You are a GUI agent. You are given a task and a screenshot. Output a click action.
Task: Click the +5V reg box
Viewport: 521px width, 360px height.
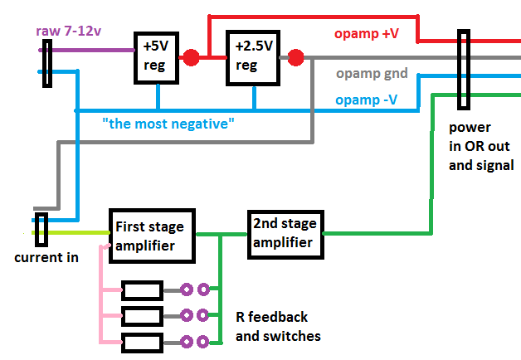pyautogui.click(x=157, y=58)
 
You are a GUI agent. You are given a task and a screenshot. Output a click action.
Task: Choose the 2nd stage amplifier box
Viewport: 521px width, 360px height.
pyautogui.click(x=284, y=234)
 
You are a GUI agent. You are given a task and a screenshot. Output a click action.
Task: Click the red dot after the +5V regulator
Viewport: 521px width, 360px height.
pyautogui.click(x=191, y=57)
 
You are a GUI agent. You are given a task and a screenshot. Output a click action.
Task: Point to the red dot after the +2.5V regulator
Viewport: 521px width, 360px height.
pyautogui.click(x=295, y=57)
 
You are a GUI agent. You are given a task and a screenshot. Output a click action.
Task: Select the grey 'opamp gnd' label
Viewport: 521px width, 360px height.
pyautogui.click(x=372, y=74)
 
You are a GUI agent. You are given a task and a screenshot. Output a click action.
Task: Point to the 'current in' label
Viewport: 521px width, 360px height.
pyautogui.click(x=46, y=257)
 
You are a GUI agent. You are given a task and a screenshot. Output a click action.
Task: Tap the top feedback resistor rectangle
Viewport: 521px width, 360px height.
pyautogui.click(x=142, y=290)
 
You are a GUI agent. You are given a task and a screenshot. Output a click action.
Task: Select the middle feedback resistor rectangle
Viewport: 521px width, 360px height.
pyautogui.click(x=142, y=315)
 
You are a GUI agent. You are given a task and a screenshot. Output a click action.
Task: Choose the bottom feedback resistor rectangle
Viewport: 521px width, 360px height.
pyautogui.click(x=142, y=340)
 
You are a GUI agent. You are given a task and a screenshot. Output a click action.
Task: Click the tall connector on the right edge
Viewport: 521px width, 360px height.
pyautogui.click(x=463, y=72)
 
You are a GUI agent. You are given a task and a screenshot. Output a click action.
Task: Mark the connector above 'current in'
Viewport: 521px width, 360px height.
pyautogui.click(x=43, y=226)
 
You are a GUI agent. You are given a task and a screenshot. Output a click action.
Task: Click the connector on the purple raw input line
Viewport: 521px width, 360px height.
pyautogui.click(x=47, y=66)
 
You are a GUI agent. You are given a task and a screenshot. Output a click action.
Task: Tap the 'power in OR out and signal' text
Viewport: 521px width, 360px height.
pyautogui.click(x=481, y=147)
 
